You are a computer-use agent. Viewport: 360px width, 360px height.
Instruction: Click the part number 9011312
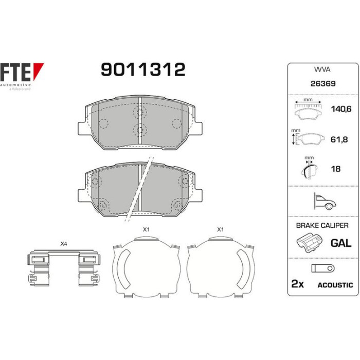tap(143, 69)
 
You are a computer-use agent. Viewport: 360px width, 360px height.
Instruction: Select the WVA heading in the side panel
tap(322, 69)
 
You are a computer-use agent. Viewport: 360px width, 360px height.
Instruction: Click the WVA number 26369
tap(323, 83)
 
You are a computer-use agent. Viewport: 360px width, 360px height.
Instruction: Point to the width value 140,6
tap(341, 109)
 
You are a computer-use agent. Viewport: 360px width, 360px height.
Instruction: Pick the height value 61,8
tap(339, 139)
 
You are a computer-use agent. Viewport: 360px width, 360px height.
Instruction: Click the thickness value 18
tap(336, 169)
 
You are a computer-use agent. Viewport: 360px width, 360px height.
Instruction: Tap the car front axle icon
tap(325, 202)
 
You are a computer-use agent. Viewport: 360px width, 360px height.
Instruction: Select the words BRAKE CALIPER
tap(322, 225)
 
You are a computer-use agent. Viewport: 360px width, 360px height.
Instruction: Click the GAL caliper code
tap(341, 243)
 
